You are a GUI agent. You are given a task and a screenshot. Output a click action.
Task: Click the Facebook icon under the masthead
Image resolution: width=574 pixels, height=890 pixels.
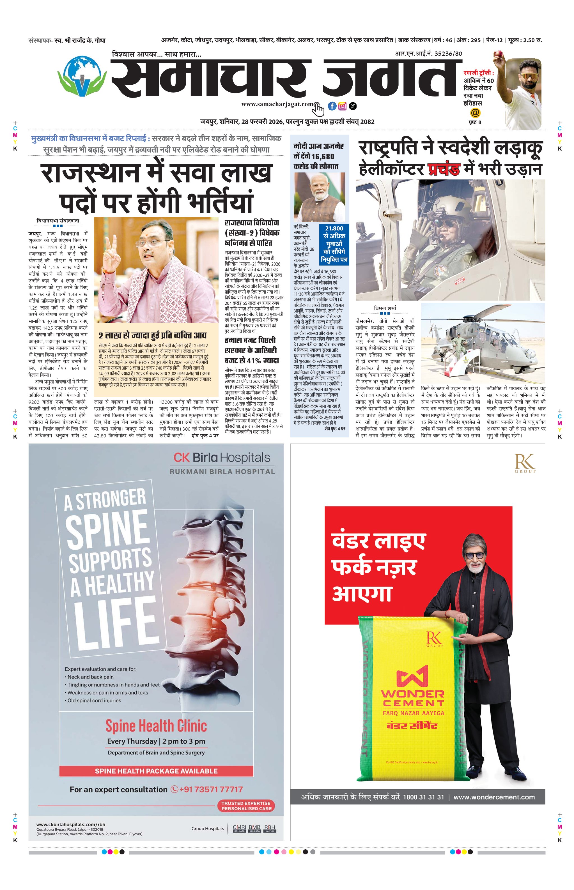coord(332,106)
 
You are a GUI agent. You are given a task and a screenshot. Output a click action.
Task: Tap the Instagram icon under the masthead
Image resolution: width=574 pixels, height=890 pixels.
coord(342,106)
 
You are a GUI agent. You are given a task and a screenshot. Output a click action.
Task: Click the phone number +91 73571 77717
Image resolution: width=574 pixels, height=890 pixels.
coord(211,789)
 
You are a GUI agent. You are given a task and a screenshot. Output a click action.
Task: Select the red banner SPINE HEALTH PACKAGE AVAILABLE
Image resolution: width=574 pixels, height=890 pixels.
coord(156,771)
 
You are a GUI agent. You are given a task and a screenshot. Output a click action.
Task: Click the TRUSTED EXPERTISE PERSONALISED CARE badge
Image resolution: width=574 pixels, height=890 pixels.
coord(246,806)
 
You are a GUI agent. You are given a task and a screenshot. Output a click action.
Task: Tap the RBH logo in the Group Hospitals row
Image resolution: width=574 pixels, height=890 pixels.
coord(270,828)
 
